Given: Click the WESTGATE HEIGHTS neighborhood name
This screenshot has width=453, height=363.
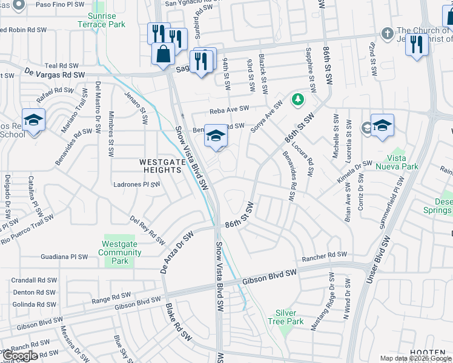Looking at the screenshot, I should pos(160,166).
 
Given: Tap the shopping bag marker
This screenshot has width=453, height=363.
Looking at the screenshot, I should pos(164,53).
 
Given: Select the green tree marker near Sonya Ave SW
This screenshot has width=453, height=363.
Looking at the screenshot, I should pos(297,99).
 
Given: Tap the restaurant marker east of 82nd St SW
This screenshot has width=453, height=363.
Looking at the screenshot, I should pos(416,44).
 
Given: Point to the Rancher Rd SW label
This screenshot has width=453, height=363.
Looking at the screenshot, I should pos(325,256).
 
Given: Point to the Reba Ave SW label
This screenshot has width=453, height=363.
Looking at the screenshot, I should pos(230,109).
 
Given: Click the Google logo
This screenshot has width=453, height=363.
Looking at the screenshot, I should pos(20,355).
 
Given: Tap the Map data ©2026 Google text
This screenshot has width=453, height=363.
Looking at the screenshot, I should pos(415,358).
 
